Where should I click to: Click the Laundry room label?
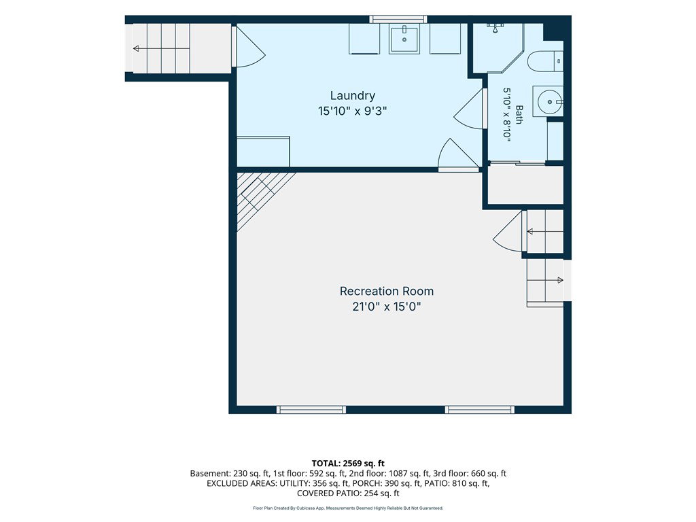point(353,96)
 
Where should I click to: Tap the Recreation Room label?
point(387,291)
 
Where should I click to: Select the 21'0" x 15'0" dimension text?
point(387,307)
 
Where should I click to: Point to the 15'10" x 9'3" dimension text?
point(353,111)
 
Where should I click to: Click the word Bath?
point(519,114)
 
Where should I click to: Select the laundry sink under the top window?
point(404,39)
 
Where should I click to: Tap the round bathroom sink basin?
point(549,102)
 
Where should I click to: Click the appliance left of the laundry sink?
point(364,39)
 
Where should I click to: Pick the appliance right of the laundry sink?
point(445,39)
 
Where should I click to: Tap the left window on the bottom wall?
point(311,409)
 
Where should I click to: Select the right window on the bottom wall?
point(480,409)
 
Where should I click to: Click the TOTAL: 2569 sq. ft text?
point(348,464)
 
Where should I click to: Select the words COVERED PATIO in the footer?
point(328,493)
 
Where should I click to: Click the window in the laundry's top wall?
point(398,19)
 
